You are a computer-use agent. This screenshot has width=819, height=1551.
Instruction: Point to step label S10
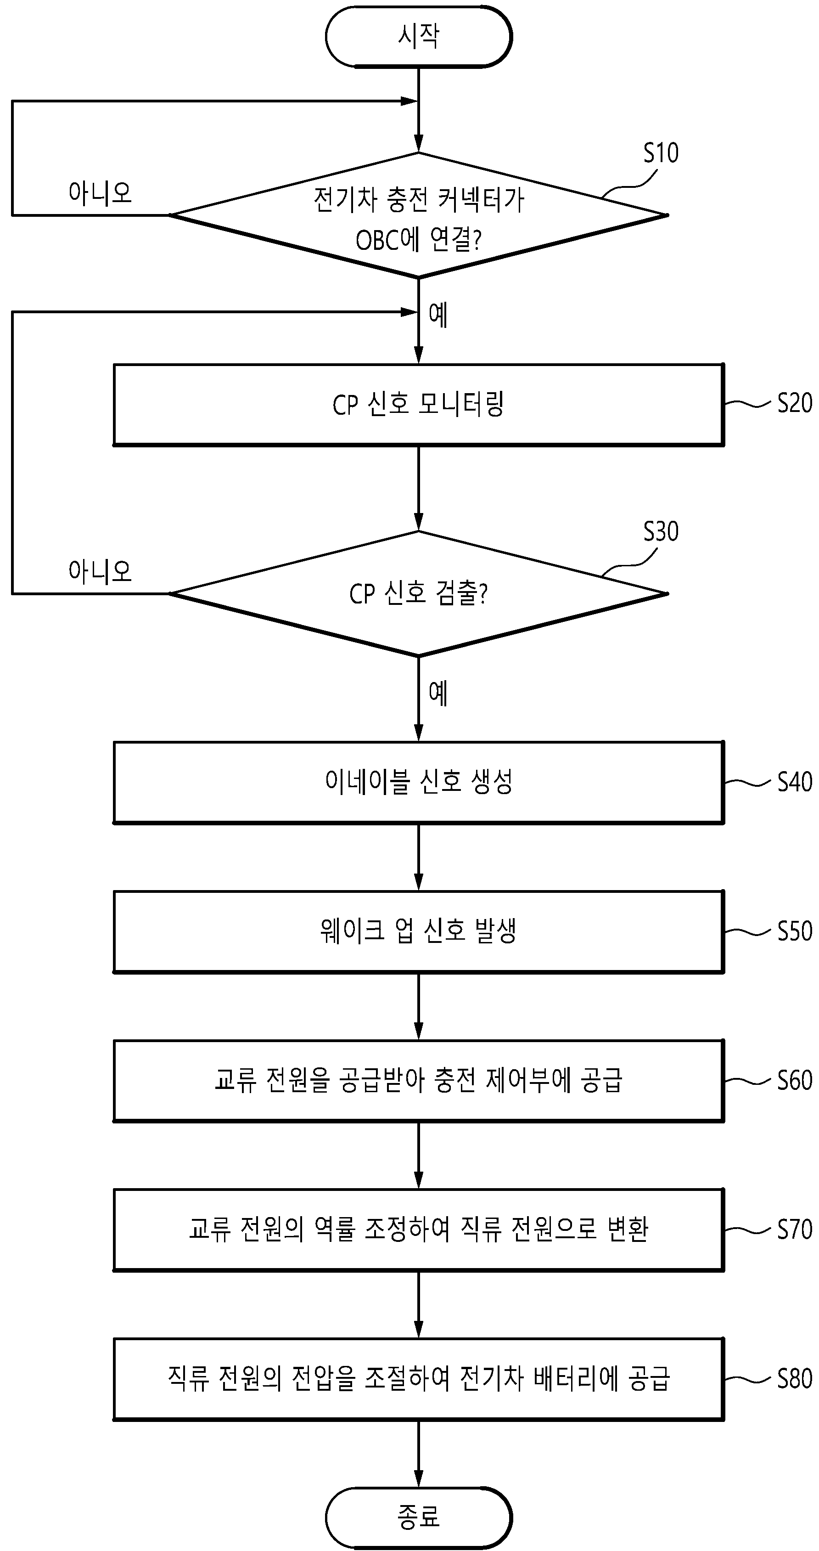(x=661, y=153)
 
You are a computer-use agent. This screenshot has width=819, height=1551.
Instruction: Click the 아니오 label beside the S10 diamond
(x=100, y=193)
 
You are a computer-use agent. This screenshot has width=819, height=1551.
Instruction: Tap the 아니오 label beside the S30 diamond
(x=100, y=571)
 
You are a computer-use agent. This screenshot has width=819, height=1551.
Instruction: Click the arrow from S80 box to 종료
(x=419, y=1454)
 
